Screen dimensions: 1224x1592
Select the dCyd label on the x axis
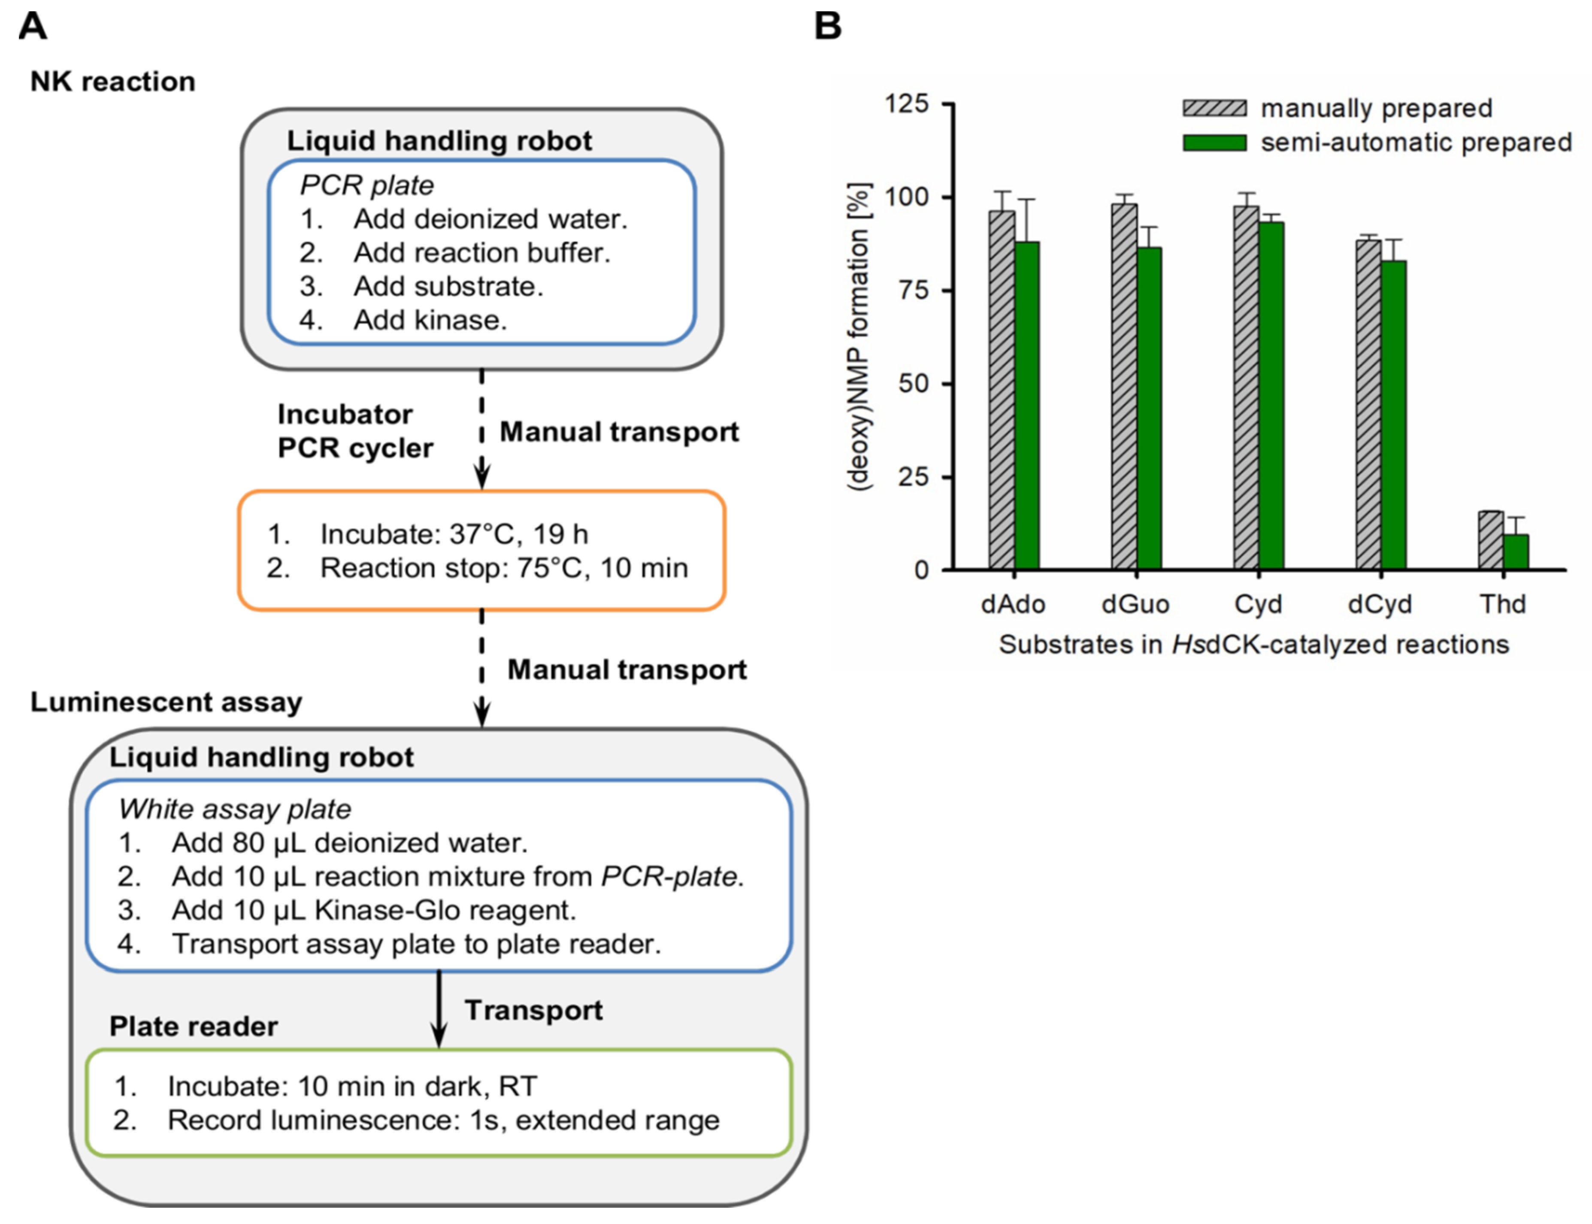point(1379,604)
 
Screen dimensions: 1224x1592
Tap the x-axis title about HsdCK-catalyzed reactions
point(1253,645)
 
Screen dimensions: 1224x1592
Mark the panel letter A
point(33,26)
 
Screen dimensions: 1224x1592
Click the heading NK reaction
point(113,82)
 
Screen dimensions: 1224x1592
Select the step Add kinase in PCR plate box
point(430,320)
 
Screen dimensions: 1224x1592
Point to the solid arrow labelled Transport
point(439,1009)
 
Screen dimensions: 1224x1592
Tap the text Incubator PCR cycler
point(355,430)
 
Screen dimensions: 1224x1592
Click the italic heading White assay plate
point(234,809)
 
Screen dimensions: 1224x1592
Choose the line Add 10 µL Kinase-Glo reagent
point(373,910)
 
